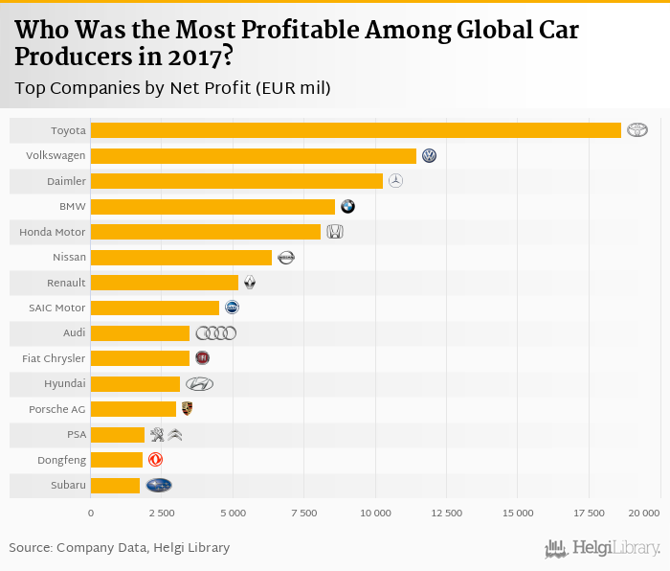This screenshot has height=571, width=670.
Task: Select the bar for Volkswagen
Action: click(x=254, y=155)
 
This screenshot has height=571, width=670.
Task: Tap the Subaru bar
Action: click(x=115, y=486)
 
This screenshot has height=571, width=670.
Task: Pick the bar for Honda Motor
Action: click(x=206, y=232)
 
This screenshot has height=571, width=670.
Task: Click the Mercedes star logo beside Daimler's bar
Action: click(x=395, y=181)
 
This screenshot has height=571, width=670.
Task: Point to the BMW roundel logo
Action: click(x=347, y=206)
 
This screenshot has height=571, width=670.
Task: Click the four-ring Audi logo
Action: click(x=215, y=333)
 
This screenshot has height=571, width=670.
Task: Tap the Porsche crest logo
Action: click(x=187, y=409)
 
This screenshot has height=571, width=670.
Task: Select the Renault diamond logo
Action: click(x=250, y=283)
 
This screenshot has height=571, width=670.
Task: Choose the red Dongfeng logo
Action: click(x=155, y=460)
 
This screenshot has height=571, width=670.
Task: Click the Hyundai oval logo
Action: click(x=199, y=384)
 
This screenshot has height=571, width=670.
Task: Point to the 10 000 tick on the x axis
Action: click(x=375, y=514)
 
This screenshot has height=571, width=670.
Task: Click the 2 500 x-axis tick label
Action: click(x=162, y=514)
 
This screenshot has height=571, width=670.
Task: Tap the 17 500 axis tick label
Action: click(x=589, y=514)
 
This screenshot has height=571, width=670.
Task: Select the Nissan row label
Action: click(x=69, y=257)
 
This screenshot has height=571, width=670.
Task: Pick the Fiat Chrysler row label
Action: click(x=54, y=358)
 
